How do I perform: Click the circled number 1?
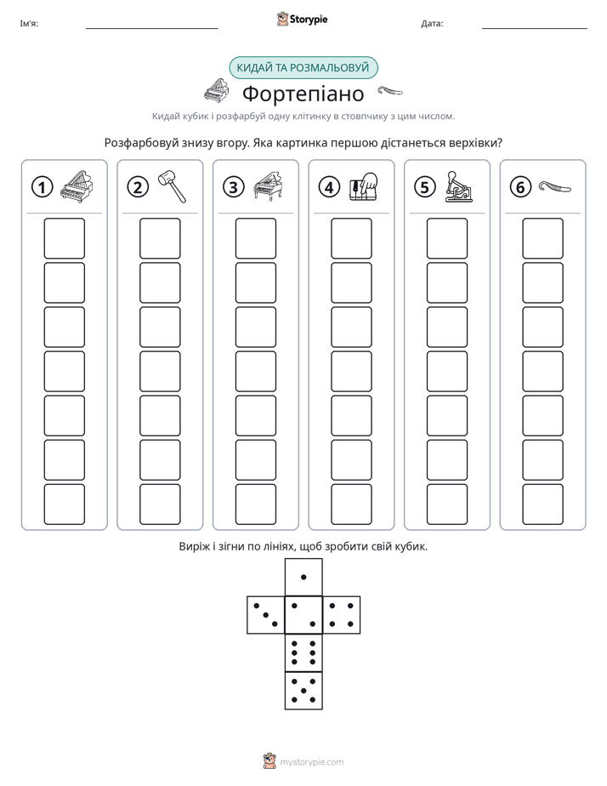click(42, 187)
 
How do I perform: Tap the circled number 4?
click(329, 187)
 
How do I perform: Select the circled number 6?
click(520, 187)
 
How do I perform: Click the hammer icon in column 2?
click(173, 186)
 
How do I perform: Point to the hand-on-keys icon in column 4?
click(364, 187)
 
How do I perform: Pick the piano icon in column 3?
click(269, 186)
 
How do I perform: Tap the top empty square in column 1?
click(64, 238)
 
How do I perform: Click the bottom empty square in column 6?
click(543, 504)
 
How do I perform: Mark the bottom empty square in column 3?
click(256, 504)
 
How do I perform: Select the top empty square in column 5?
click(447, 238)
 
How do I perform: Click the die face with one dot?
click(303, 577)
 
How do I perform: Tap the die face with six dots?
click(303, 652)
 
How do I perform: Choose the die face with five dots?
click(303, 691)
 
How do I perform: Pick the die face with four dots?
click(342, 615)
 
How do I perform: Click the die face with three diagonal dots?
click(266, 615)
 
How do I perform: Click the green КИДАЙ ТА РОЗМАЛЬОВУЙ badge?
click(303, 68)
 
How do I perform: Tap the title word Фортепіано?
click(303, 94)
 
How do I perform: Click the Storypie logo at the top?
click(302, 19)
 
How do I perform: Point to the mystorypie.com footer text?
click(311, 762)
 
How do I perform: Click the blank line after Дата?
click(535, 29)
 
